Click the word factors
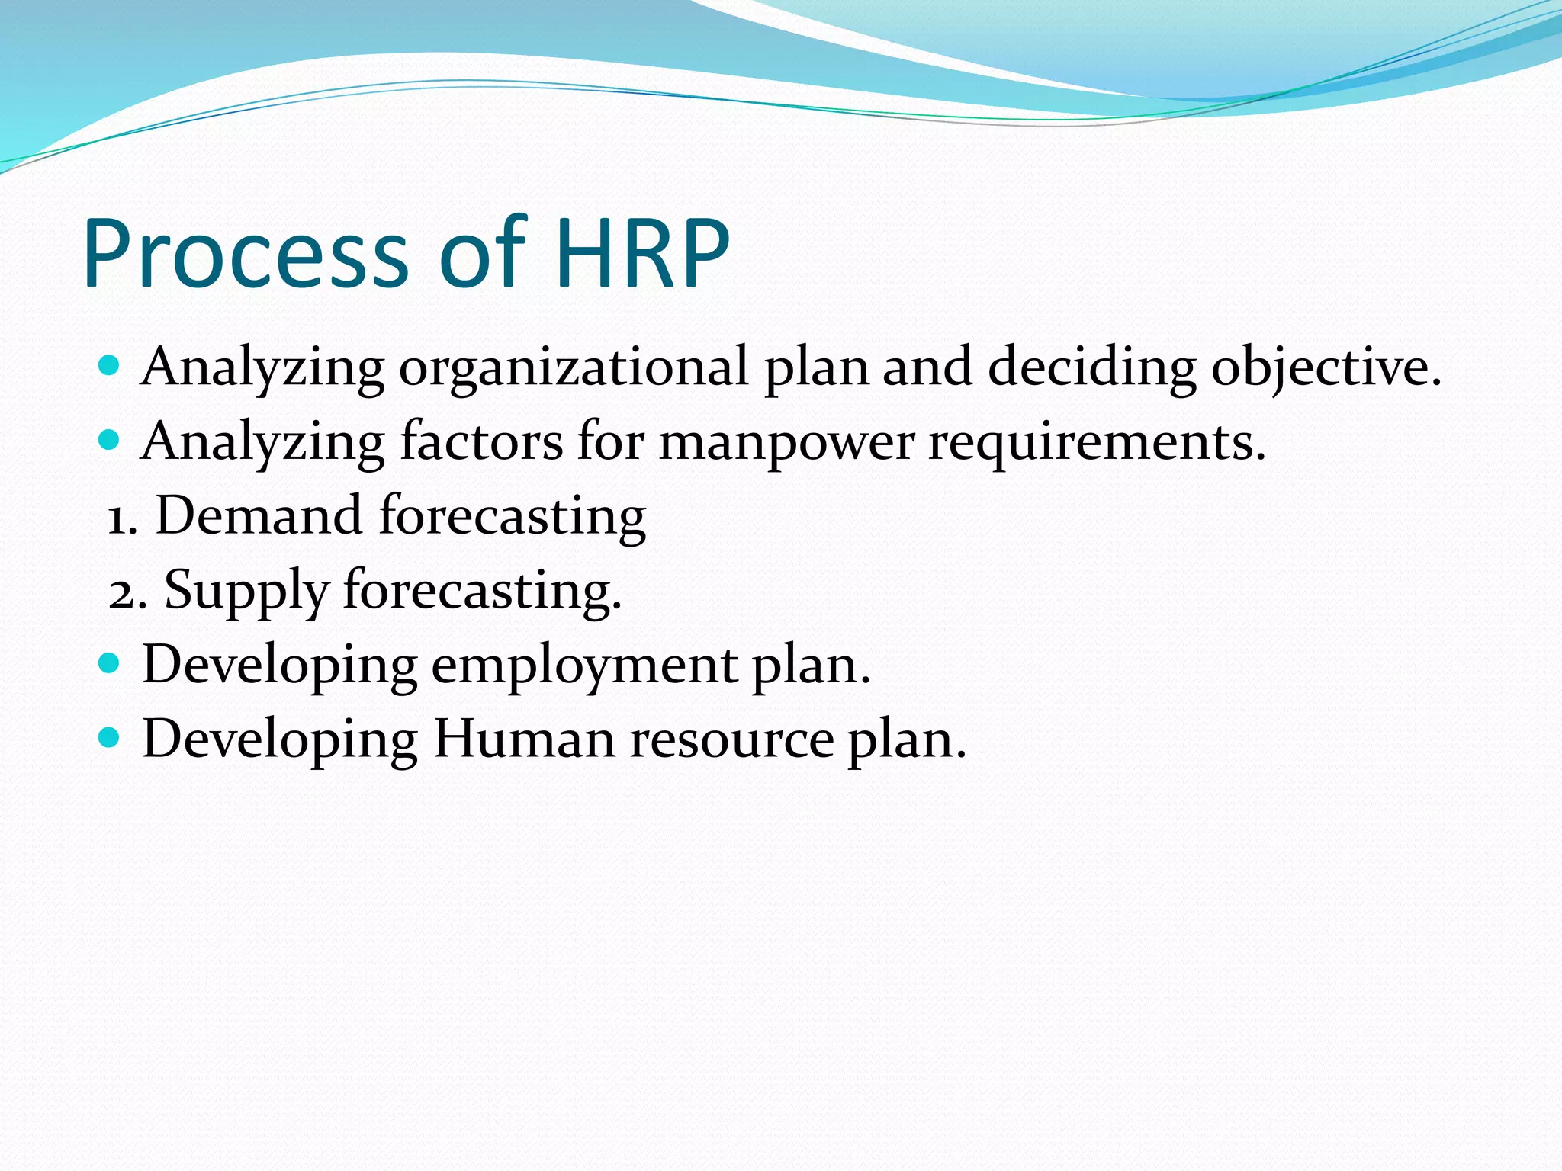[x=481, y=442]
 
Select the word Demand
[x=259, y=516]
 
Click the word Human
[x=524, y=739]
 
